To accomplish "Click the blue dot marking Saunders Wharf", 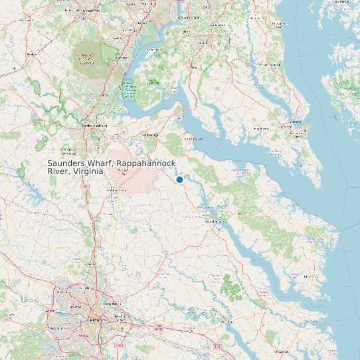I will coord(179,179).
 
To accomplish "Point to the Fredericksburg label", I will coord(94,125).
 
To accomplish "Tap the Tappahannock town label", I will coord(213,221).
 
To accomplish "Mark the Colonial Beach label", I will coord(193,139).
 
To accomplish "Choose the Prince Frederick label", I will coord(278,64).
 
